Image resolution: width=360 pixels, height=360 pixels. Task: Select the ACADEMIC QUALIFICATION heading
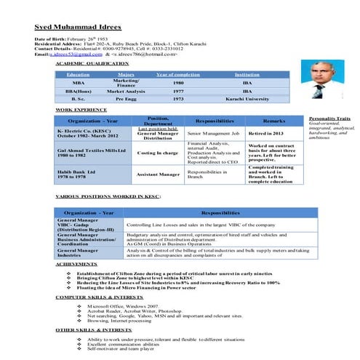pyautogui.click(x=92, y=64)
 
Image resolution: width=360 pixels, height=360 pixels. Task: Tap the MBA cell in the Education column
pyautogui.click(x=78, y=84)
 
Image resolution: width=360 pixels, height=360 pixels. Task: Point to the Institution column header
pyautogui.click(x=247, y=75)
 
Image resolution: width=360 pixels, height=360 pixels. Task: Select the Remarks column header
pyautogui.click(x=273, y=121)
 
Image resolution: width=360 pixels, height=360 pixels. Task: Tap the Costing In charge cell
pyautogui.click(x=158, y=153)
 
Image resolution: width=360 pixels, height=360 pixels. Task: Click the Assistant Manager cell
pyautogui.click(x=158, y=175)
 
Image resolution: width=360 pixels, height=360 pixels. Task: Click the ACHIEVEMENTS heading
pyautogui.click(x=76, y=265)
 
